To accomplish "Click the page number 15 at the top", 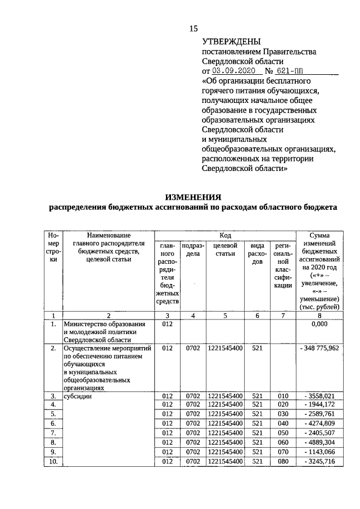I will pos(193,29).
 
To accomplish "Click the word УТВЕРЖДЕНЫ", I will pos(231,42).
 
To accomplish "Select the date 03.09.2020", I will pos(233,71).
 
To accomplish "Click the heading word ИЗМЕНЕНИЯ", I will pos(193,197).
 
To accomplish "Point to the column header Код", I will pos(225,235).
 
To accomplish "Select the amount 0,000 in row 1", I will pos(319,325).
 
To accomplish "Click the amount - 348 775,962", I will pos(319,349).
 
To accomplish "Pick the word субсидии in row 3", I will pos(78,397).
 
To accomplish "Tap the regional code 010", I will pos(282,397).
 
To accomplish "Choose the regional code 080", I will pos(282,462).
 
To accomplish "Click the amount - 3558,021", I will pos(319,397).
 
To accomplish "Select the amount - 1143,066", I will pos(319,452).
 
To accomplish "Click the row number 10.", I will pos(53,462).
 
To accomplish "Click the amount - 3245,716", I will pos(319,462).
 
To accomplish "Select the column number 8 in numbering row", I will pos(319,316).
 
